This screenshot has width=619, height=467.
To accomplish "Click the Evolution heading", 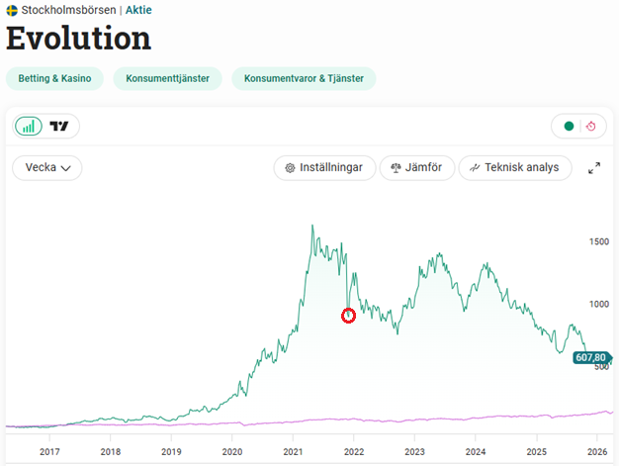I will [79, 39].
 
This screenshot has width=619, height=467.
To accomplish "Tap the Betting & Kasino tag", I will [54, 79].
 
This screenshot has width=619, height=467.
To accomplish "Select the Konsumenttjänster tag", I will [167, 79].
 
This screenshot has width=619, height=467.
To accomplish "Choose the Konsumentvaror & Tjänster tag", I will [304, 79].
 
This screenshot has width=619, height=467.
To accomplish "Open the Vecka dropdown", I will [47, 168].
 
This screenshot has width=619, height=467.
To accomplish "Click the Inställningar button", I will [323, 168].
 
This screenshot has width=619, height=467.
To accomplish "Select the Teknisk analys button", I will [515, 168].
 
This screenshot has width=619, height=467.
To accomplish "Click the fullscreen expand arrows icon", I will [594, 168].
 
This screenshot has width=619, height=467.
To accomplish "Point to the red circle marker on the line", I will [348, 316].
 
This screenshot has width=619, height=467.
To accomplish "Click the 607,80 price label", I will [590, 358].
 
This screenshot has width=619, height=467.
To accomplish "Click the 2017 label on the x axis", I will [49, 451].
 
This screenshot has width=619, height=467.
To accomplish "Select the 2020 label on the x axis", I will [231, 451].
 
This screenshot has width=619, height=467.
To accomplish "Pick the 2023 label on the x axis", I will [414, 451].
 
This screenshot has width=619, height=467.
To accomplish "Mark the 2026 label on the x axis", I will [596, 451].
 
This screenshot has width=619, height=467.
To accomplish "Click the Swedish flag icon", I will [11, 10].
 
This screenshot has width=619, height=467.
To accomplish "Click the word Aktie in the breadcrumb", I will [138, 10].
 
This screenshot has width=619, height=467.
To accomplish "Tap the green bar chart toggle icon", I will [29, 126].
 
